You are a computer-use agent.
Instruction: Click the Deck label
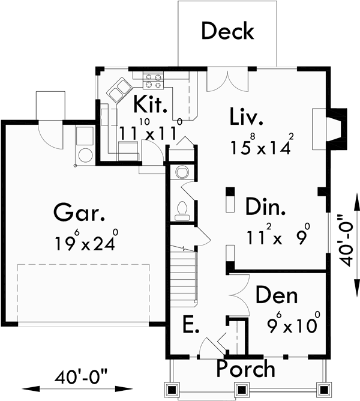pyautogui.click(x=227, y=31)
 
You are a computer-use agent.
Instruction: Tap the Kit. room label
pyautogui.click(x=149, y=105)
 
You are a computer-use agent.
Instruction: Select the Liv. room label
pyautogui.click(x=246, y=116)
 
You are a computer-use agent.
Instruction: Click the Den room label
pyautogui.click(x=278, y=295)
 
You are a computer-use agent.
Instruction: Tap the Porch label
pyautogui.click(x=246, y=367)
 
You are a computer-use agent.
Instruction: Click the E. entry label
pyautogui.click(x=190, y=325)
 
